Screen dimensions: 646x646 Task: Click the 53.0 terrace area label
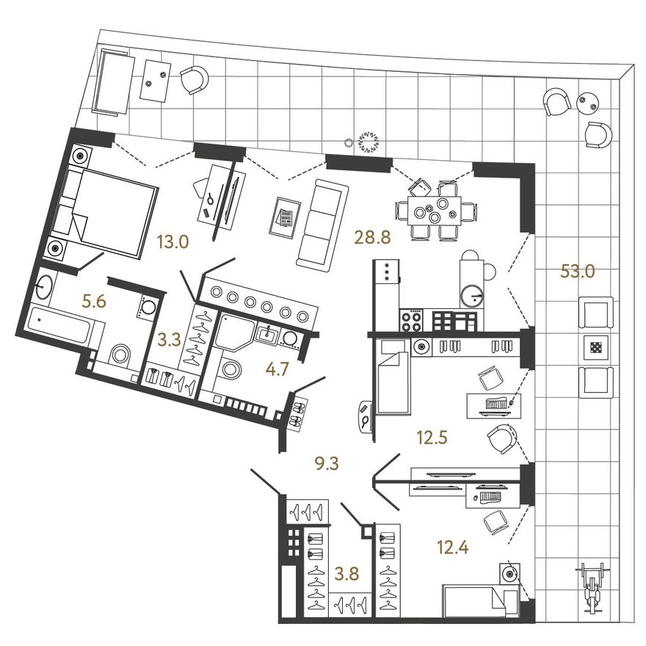click(578, 272)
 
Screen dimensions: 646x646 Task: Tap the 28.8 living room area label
click(372, 238)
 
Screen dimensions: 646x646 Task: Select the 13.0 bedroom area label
click(173, 243)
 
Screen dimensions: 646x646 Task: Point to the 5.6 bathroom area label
click(95, 302)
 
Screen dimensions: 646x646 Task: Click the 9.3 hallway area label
click(326, 463)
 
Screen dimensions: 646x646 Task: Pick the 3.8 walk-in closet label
click(347, 573)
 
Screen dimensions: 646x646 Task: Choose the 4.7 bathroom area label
click(277, 369)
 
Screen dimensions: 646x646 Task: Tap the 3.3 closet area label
click(170, 341)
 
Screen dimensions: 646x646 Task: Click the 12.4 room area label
click(452, 548)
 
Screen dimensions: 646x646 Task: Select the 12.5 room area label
click(432, 438)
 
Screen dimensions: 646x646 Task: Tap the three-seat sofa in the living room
click(322, 225)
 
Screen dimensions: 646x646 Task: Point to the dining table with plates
click(435, 210)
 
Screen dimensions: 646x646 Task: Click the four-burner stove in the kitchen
click(411, 320)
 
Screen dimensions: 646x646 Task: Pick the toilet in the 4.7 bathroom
click(230, 368)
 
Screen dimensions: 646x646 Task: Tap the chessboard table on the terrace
click(596, 348)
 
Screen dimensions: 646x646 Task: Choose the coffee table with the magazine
click(285, 217)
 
